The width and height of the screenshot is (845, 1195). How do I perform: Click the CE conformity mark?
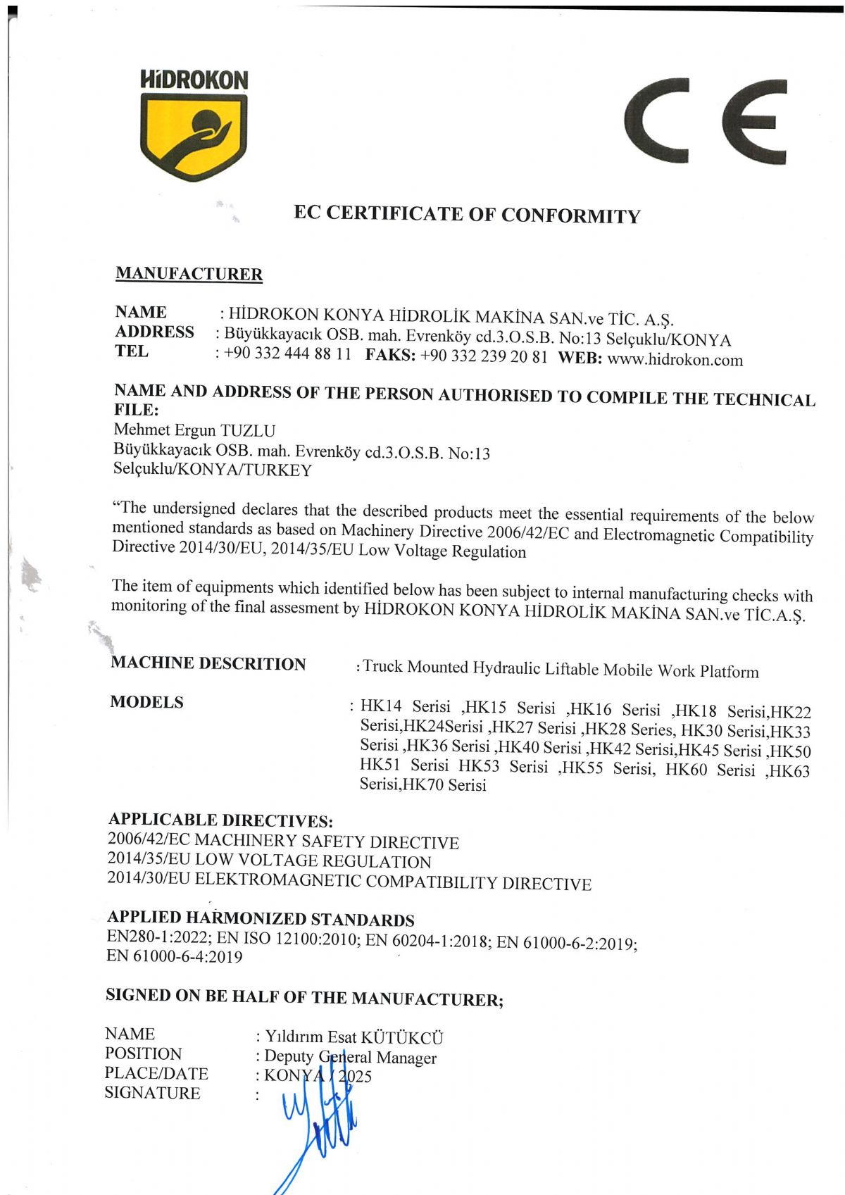[705, 121]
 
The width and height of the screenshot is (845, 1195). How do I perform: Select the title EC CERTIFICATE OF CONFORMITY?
[467, 214]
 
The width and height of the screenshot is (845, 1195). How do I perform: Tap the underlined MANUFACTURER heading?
[189, 274]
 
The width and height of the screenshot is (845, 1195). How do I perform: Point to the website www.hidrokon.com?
[675, 360]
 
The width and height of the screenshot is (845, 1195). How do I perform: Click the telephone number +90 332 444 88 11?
[287, 354]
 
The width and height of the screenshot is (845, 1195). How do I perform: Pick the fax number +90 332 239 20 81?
[483, 356]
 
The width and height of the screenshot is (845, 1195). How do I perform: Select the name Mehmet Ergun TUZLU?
[194, 430]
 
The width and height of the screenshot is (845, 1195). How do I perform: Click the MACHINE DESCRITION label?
[208, 663]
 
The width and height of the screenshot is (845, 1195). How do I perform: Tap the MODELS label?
[146, 702]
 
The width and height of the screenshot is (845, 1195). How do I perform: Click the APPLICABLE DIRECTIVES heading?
[220, 820]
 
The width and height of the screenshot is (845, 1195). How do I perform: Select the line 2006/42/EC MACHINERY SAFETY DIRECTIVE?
[283, 841]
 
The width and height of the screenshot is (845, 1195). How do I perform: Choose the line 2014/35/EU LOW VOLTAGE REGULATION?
[269, 861]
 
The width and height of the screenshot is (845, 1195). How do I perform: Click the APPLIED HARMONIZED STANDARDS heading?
[261, 918]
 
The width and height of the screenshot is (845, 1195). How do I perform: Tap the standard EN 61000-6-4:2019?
[174, 956]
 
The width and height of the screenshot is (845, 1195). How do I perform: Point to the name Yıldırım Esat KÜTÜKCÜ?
[354, 1037]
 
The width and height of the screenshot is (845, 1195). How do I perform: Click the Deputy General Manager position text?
[350, 1057]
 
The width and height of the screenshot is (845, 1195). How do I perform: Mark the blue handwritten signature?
[320, 1127]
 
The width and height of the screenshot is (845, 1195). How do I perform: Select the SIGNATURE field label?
[152, 1093]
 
